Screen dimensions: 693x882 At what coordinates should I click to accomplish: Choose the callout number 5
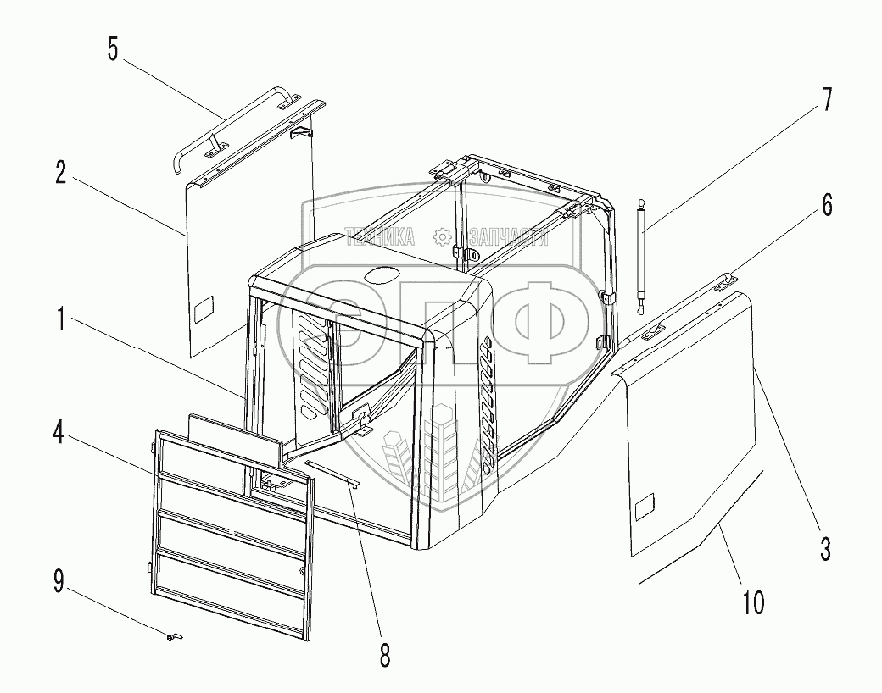point(113,48)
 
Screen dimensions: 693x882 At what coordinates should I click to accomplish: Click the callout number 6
point(826,205)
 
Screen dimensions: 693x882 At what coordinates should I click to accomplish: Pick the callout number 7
point(825,99)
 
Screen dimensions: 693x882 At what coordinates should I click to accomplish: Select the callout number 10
point(752,602)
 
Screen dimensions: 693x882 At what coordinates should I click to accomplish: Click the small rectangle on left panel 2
point(205,312)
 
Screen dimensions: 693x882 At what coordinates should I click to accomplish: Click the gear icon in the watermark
point(441,236)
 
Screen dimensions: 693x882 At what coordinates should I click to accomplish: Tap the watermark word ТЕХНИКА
point(379,237)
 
